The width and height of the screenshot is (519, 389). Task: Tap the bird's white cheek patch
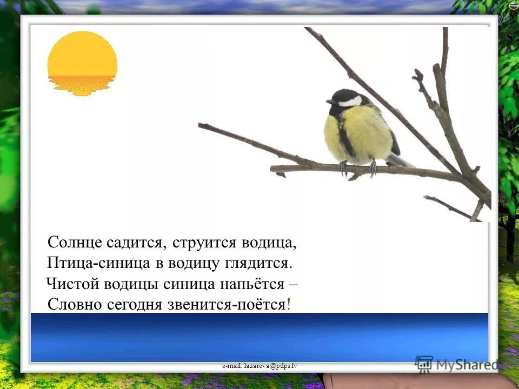tap(351, 101)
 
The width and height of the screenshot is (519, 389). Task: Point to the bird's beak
tap(330, 102)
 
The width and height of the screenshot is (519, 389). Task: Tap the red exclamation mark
tap(289, 304)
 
